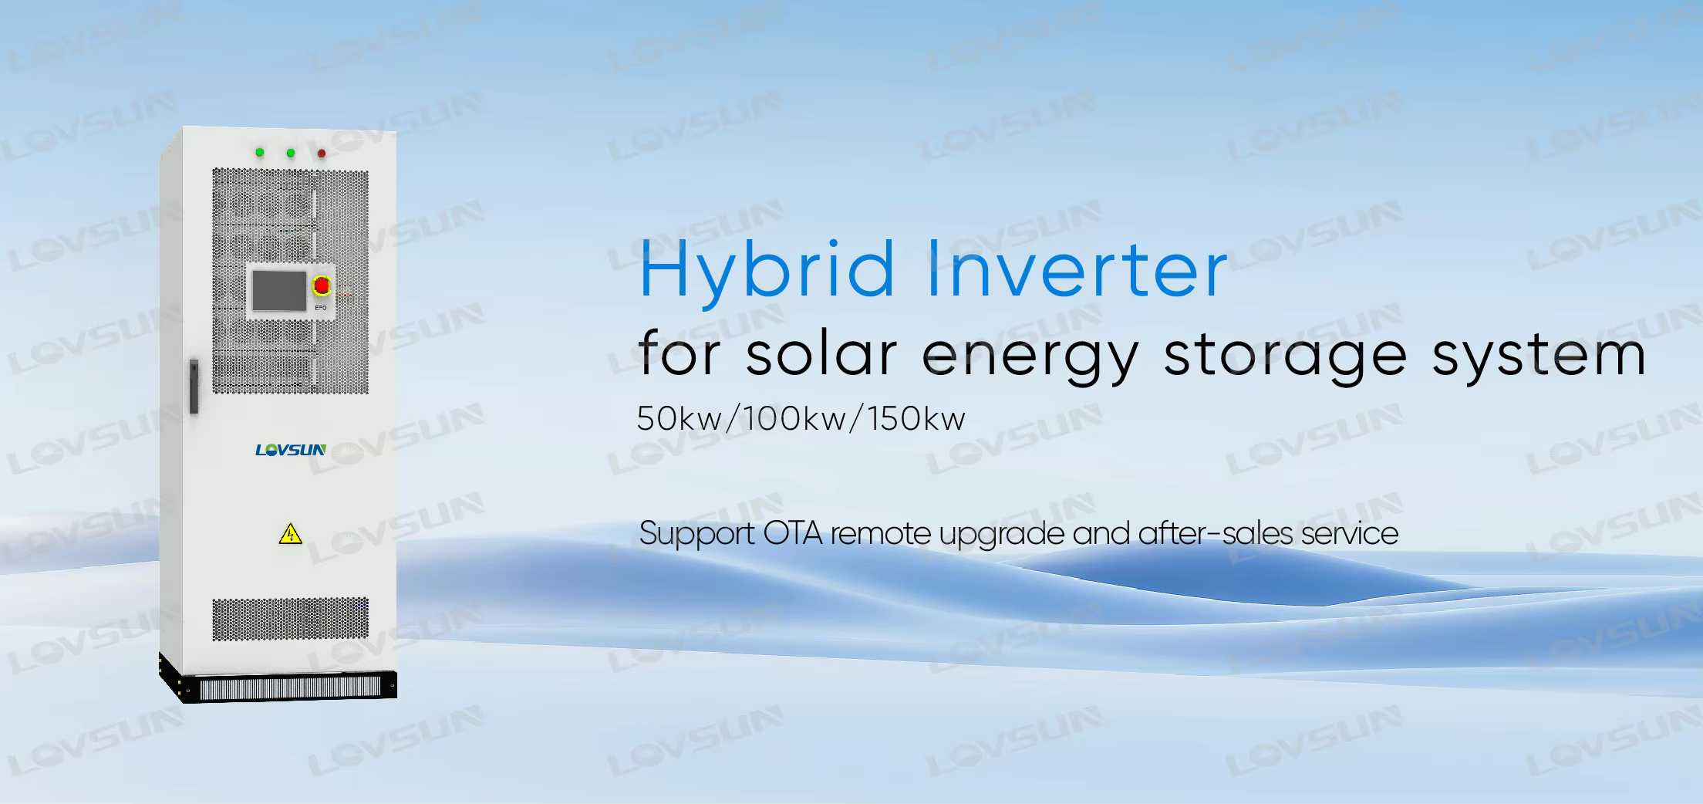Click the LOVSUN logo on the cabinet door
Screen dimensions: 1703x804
(291, 450)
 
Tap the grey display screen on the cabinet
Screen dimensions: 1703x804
(279, 290)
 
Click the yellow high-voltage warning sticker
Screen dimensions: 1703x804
(290, 533)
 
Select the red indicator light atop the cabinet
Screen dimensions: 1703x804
(322, 153)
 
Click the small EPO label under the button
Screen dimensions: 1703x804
(321, 308)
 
